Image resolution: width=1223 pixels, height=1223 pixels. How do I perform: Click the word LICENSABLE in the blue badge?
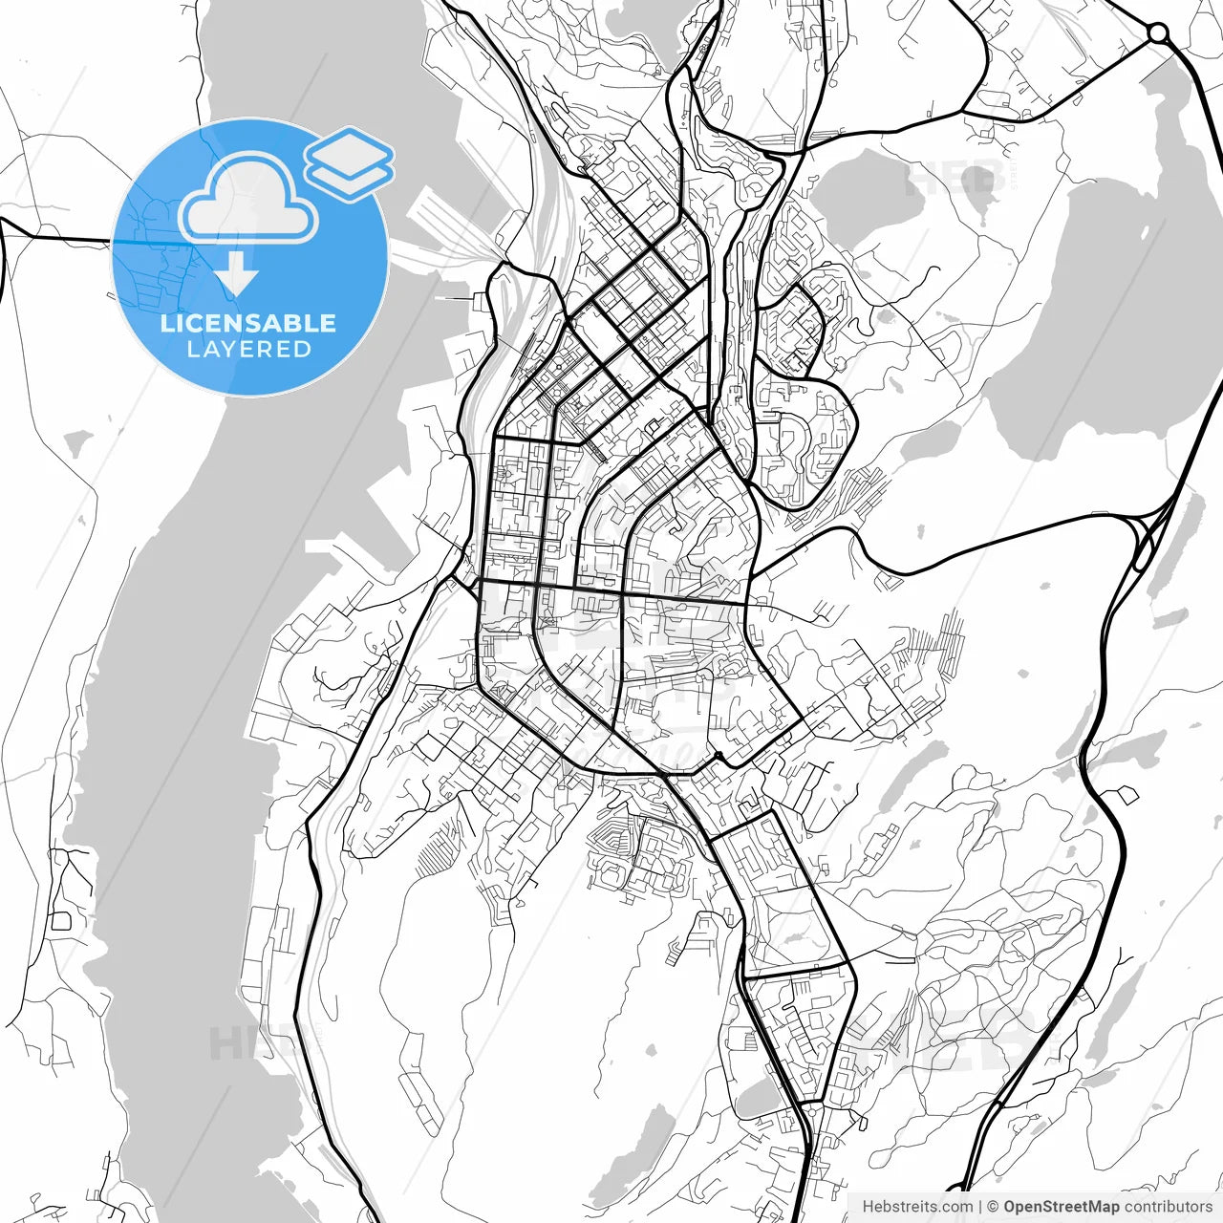click(x=248, y=323)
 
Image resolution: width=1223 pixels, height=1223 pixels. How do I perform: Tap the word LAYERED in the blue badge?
click(x=248, y=350)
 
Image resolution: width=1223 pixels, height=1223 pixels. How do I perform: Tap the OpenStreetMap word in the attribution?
click(x=1061, y=1207)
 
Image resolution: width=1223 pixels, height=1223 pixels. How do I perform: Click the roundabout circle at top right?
click(x=1158, y=33)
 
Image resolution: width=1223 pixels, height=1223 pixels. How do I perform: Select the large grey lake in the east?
click(x=1099, y=315)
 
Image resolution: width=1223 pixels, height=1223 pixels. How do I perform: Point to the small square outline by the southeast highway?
click(x=1127, y=794)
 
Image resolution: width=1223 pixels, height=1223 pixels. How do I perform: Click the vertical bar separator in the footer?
click(x=980, y=1207)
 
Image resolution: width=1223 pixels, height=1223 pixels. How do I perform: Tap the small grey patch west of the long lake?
click(x=78, y=441)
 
